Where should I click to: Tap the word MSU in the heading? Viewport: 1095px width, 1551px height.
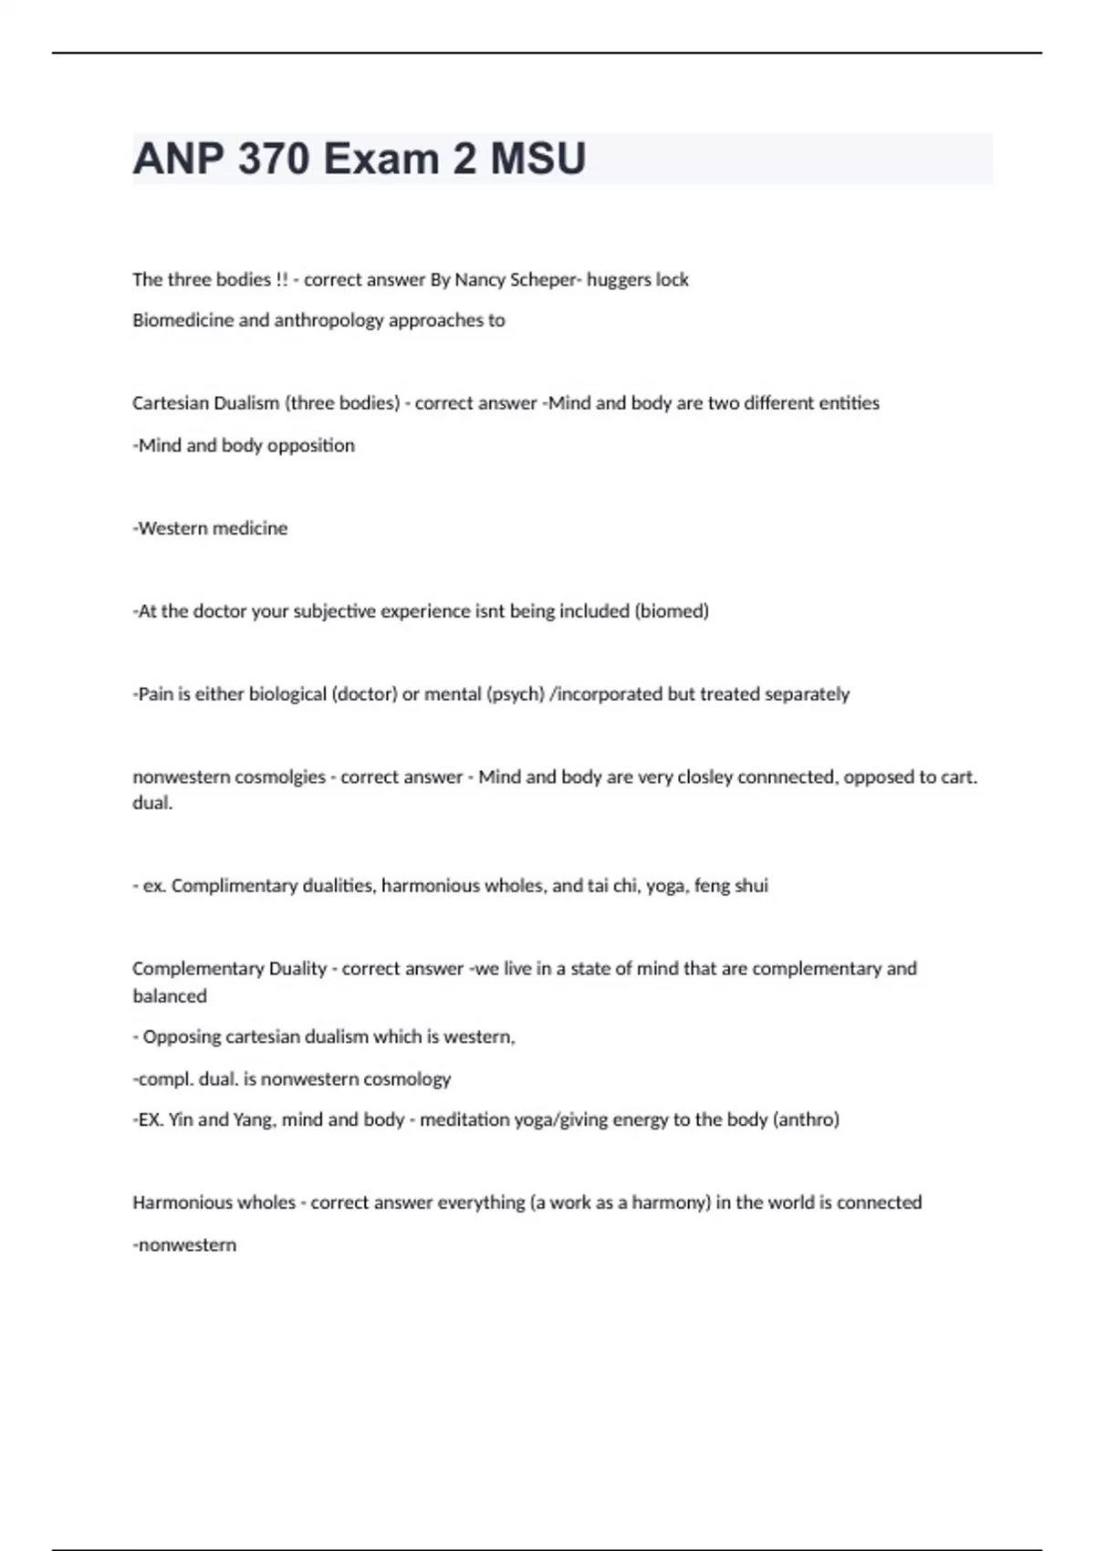(538, 160)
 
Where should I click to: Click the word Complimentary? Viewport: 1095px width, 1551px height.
(228, 886)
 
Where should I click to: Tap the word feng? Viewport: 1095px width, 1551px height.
(712, 886)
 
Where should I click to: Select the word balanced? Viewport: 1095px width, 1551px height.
(170, 996)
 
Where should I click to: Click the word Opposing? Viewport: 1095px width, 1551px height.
(182, 1037)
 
